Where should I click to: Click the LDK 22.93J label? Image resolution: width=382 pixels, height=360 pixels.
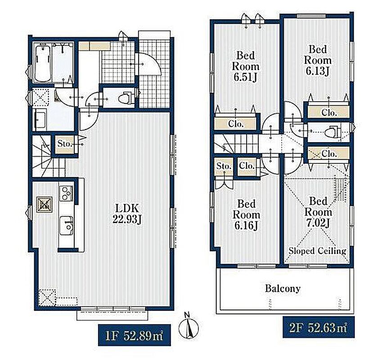tap(127, 214)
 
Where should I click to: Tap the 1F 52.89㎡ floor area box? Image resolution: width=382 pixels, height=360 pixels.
tap(134, 335)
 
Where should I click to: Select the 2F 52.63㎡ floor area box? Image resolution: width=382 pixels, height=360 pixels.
tap(319, 327)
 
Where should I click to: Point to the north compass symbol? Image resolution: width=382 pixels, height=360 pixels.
tap(189, 326)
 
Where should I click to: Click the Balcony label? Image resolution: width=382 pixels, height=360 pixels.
tap(283, 288)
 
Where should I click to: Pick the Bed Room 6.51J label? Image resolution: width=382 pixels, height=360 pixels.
tap(246, 66)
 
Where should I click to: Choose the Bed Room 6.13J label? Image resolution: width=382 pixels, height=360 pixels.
tap(318, 60)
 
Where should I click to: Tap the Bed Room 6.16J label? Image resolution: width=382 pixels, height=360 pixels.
tap(246, 215)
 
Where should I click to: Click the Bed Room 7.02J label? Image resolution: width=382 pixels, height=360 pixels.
tap(318, 212)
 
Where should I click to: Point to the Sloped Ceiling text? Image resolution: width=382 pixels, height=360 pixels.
tap(318, 251)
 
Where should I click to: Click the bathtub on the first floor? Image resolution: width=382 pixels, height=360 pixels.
tap(43, 63)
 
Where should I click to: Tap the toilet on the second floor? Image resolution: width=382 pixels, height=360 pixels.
tap(333, 132)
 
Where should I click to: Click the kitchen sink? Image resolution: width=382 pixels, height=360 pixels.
tap(66, 225)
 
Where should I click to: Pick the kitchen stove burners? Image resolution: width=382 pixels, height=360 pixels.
tap(66, 193)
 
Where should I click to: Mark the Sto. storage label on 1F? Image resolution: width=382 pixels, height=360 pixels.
tap(64, 144)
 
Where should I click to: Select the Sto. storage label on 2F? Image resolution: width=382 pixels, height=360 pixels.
tap(224, 166)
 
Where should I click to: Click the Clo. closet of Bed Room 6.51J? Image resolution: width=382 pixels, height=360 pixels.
tap(236, 124)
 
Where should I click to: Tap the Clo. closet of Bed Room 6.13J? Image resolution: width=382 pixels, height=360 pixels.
tap(328, 112)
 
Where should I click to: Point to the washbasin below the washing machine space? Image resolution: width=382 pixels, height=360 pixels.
tap(41, 120)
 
